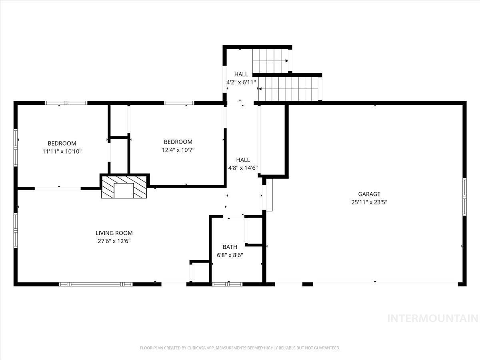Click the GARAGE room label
point(369,194)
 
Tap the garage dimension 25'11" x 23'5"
point(369,202)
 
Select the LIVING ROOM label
point(114,233)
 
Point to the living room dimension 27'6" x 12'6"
point(114,241)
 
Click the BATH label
point(230,247)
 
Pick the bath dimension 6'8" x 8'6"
point(230,255)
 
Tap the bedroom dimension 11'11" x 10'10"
point(62,152)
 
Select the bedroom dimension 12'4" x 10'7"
point(178,150)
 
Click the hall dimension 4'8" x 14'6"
point(243,168)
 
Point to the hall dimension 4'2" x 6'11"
point(241,82)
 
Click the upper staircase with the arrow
point(270,61)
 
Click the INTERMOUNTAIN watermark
point(433,318)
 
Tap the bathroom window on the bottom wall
point(227,284)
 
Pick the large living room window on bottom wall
point(96,284)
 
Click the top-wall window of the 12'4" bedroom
point(179,103)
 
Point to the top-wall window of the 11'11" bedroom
point(66,103)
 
